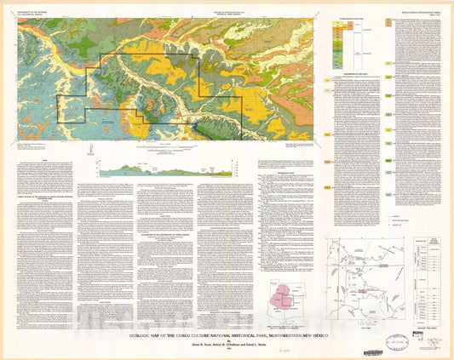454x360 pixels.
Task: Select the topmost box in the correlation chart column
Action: click(x=337, y=23)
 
